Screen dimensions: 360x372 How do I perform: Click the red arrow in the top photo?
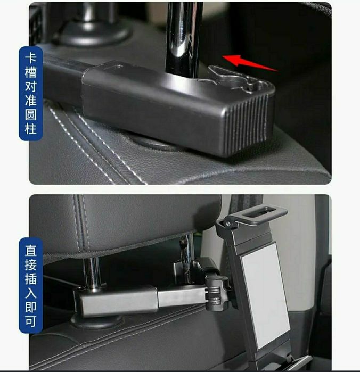[249, 63]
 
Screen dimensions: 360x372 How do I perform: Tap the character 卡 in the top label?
[31, 59]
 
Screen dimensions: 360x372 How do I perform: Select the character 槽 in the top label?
[31, 72]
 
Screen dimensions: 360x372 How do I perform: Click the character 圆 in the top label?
[31, 114]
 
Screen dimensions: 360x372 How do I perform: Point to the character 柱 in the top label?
[31, 129]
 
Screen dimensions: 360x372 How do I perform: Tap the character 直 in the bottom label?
[31, 251]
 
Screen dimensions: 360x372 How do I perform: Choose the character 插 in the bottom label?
[31, 279]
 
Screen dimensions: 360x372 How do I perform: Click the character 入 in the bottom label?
[31, 293]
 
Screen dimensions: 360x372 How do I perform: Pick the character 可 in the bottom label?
[31, 321]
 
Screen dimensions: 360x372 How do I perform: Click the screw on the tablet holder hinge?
[228, 224]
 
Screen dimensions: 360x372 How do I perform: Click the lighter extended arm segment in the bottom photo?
[181, 296]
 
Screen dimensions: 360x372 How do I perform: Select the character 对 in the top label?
[31, 86]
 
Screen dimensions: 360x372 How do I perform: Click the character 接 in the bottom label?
[31, 265]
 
